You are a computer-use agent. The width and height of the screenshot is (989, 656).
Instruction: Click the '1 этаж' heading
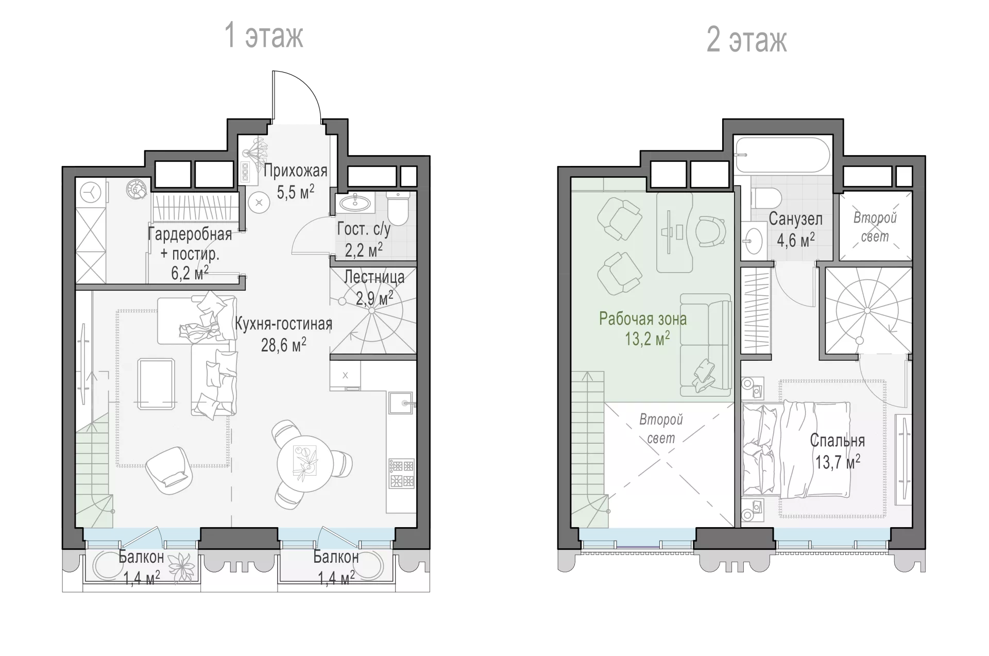264,36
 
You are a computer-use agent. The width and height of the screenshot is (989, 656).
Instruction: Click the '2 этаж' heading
746,40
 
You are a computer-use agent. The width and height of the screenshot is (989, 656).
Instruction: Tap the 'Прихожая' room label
296,170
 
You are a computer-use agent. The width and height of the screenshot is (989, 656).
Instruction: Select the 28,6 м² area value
283,344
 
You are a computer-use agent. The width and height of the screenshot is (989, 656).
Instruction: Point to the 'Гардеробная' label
190,234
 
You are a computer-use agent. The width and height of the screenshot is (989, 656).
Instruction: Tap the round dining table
302,462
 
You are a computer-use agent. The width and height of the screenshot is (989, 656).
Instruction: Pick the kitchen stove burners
402,474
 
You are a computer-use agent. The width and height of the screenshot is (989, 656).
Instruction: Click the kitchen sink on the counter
401,402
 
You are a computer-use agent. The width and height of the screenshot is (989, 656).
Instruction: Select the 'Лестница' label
374,277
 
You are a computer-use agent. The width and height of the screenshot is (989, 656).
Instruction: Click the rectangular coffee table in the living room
156,384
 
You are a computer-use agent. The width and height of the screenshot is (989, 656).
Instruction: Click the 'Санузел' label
795,219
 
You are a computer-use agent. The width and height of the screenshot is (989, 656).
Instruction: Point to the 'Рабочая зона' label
643,319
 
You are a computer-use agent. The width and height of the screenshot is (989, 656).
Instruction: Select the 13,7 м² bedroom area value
837,462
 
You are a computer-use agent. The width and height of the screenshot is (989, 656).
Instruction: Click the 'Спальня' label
837,441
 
